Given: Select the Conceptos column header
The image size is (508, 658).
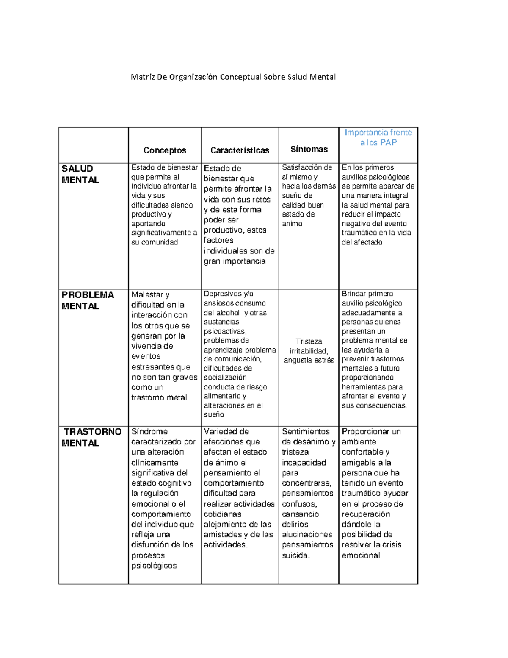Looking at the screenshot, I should (x=165, y=150).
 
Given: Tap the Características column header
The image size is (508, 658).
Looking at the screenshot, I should (x=240, y=150).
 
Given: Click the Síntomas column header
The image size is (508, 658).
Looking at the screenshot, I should (x=309, y=149).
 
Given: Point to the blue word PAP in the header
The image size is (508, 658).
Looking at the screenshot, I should (x=388, y=143).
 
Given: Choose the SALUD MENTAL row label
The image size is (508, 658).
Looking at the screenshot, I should (x=80, y=174).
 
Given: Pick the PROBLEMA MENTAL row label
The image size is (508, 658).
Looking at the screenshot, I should (x=88, y=300).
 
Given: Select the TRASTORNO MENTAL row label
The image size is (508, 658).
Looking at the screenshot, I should (x=92, y=437).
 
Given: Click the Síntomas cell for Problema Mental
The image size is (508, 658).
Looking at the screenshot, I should (x=309, y=351).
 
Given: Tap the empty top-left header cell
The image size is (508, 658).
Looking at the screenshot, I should (x=93, y=145).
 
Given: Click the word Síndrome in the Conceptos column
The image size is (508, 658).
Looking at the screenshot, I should (x=149, y=432).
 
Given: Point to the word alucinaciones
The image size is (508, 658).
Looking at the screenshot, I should (x=307, y=535).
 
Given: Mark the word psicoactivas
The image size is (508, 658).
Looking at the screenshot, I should (x=225, y=331).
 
